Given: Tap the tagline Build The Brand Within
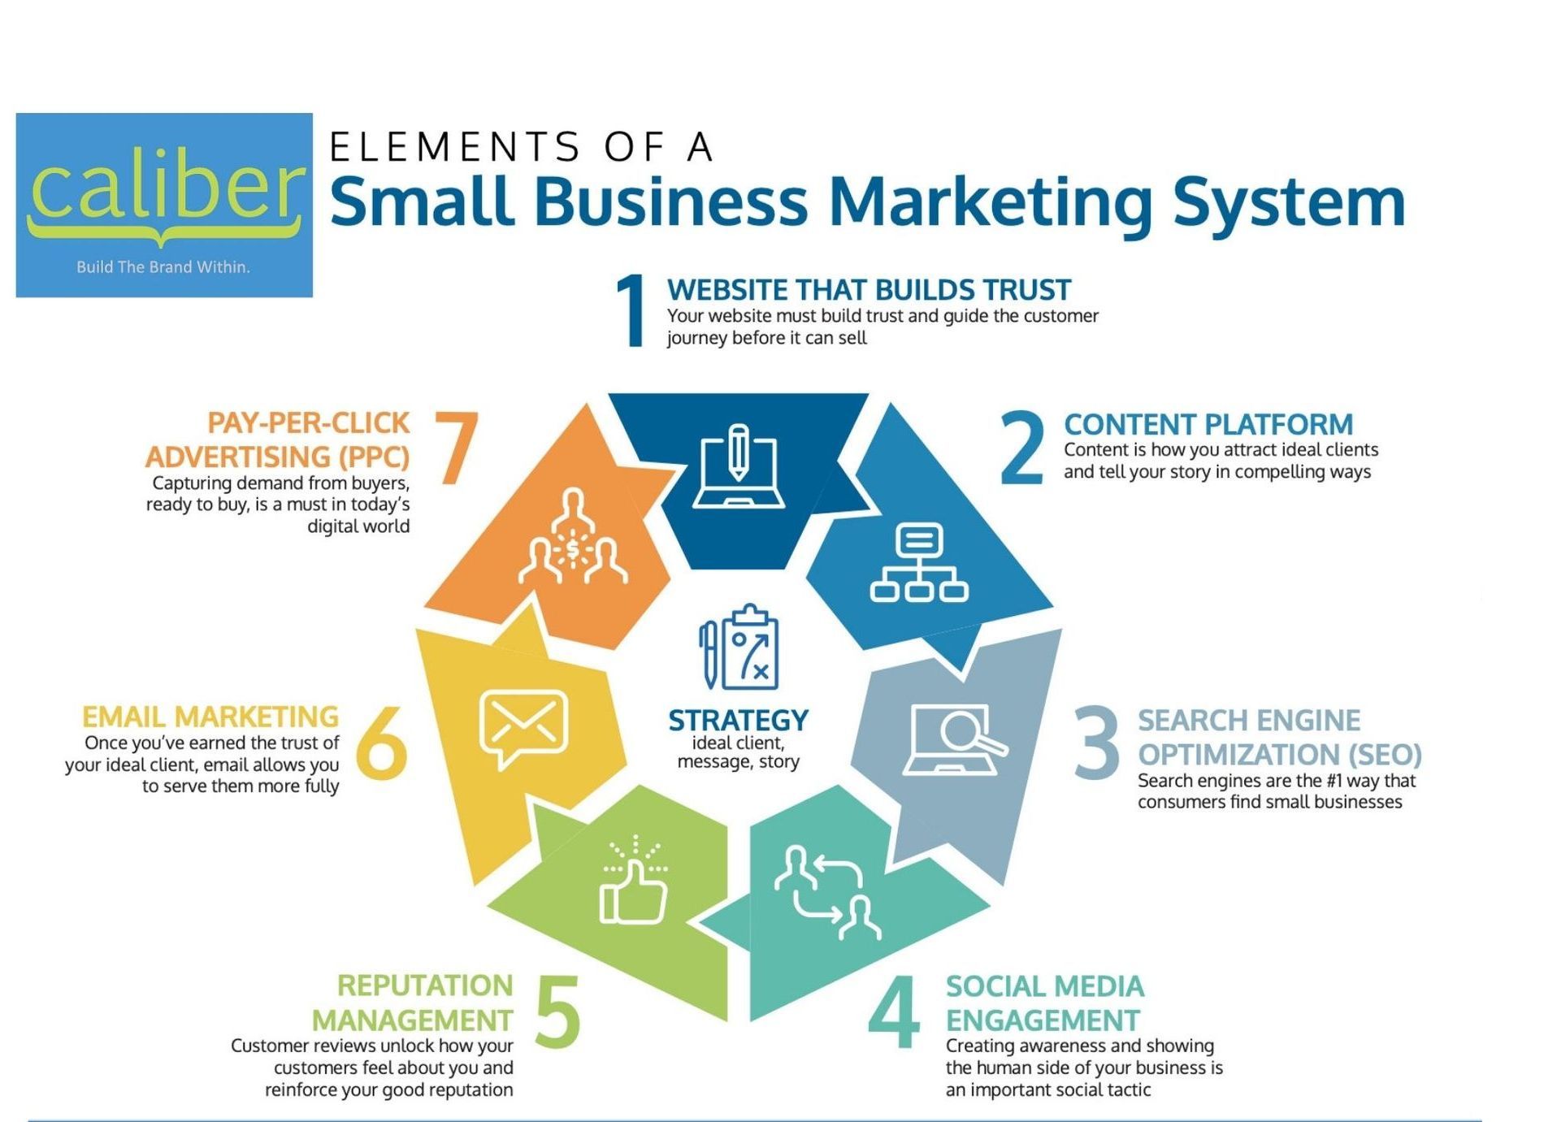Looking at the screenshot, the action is point(163,266).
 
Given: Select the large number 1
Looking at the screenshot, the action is point(631,310).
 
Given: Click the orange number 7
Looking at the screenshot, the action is point(456,447).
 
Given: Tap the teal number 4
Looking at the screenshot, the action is point(893,1012).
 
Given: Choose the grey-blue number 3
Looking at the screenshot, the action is point(1095,742).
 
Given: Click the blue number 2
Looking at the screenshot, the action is point(1021,447).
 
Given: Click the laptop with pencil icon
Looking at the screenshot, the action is point(738,466).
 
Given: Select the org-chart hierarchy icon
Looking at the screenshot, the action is point(919,562).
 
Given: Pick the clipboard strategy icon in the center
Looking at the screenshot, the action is point(739,647).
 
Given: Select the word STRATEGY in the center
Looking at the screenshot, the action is point(738,721).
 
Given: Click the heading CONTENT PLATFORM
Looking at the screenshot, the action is point(1208,424).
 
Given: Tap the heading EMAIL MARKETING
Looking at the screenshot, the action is point(210,717).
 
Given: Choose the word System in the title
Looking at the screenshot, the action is point(1289,203).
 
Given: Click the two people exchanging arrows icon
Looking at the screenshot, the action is point(827,892).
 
